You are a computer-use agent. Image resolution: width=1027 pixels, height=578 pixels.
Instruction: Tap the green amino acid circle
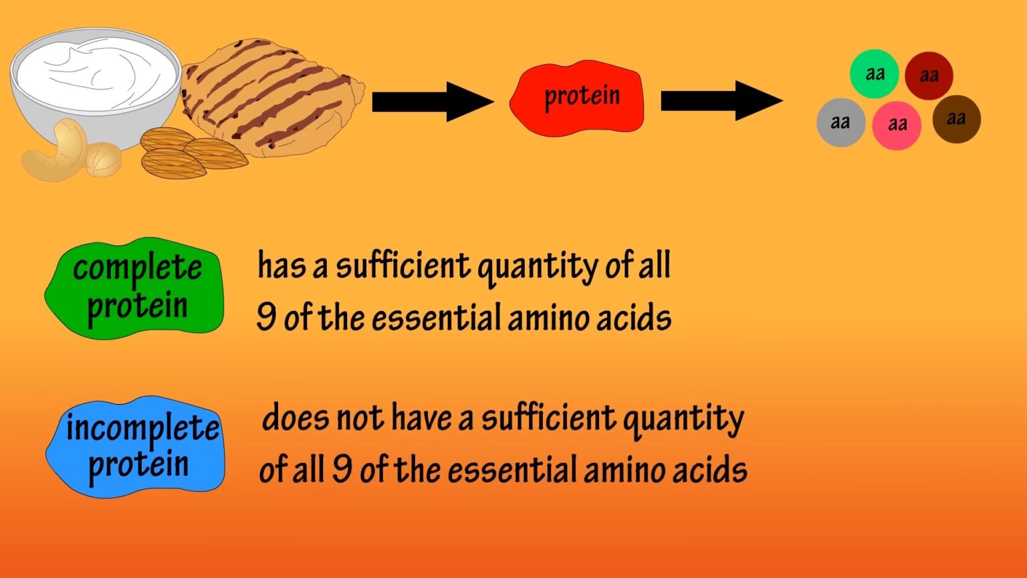coord(874,74)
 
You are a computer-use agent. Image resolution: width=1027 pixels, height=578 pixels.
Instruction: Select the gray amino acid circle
coord(840,122)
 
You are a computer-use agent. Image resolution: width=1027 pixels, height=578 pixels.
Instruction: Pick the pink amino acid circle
coord(897,125)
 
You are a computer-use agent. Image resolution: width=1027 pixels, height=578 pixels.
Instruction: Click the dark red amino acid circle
coord(929,76)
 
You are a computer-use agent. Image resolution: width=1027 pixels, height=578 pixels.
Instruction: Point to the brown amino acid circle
coord(956,119)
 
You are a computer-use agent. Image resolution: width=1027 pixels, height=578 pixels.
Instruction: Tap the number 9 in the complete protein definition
coord(265,316)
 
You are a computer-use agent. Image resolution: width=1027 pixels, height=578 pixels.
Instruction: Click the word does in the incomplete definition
coord(296,418)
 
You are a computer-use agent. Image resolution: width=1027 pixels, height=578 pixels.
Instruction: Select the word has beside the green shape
coord(281,266)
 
